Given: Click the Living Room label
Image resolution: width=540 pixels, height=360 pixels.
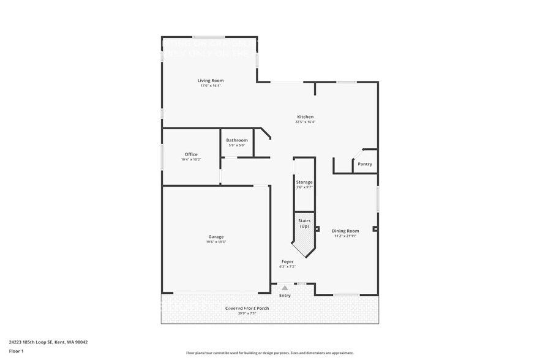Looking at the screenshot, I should [210, 81].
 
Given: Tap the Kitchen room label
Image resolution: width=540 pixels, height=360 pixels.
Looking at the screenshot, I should [305, 117].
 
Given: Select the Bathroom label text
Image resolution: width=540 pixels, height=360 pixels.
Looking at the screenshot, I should [237, 140].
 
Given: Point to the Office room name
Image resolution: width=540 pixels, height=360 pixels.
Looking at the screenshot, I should [191, 154].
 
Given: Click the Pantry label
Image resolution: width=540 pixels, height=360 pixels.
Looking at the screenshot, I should [365, 164].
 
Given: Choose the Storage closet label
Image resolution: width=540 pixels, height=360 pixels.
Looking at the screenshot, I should [304, 182].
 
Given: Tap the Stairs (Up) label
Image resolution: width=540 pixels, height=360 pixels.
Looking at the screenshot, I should [304, 223].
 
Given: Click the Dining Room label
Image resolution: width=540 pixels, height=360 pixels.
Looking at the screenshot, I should [345, 231].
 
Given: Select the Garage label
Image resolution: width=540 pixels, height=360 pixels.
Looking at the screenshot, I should [216, 237].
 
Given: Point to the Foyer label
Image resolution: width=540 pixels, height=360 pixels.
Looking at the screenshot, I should [287, 261].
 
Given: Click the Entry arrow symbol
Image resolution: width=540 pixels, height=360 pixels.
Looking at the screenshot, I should [285, 288].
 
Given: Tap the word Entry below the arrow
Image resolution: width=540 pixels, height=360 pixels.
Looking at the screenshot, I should [285, 296].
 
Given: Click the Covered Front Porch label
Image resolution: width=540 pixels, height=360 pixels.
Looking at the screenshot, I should [247, 308].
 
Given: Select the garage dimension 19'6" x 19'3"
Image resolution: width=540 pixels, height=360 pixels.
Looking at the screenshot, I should [216, 242].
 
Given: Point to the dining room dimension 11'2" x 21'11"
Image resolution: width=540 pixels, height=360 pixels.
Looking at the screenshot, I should [345, 236].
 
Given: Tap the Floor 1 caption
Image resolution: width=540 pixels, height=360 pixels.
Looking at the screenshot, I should [16, 351].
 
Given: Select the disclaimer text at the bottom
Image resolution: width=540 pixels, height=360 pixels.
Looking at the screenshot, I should [270, 353].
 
